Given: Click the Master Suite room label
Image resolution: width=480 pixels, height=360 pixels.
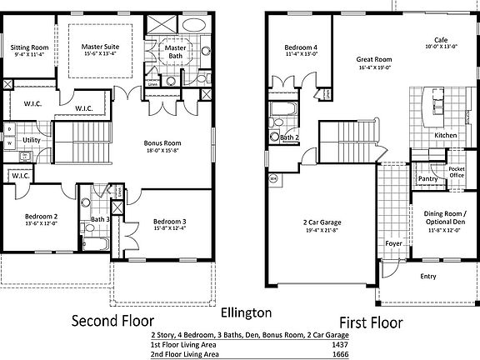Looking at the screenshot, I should pos(100,46).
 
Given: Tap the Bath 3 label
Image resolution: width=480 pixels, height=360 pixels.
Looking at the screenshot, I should pos(100,219).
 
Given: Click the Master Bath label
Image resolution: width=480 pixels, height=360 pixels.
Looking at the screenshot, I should pos(175,52).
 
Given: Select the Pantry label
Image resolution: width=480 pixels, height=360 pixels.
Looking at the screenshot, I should pos(428,178).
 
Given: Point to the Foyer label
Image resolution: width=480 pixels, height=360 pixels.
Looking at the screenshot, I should pos(393,243).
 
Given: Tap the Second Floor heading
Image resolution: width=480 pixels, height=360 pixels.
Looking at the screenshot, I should pos(112,322).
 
